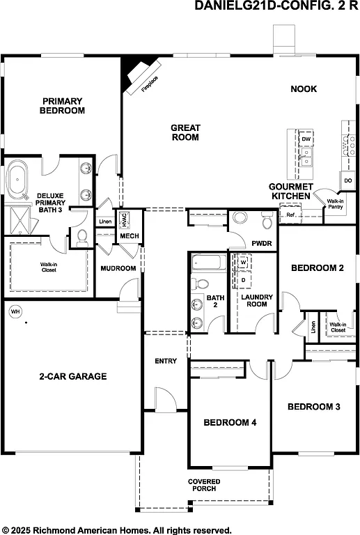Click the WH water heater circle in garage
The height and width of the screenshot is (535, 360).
click(15, 311)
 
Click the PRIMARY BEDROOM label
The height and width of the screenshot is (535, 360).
click(62, 105)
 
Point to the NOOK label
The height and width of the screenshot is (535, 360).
click(304, 89)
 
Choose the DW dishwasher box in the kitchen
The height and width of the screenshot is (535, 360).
click(306, 139)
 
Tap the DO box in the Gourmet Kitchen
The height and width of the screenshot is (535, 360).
click(347, 181)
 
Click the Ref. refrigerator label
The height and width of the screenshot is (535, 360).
click(291, 215)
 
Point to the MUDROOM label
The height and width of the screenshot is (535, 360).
click(118, 268)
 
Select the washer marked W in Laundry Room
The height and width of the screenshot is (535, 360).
click(244, 262)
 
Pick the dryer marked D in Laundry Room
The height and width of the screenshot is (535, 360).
click(244, 279)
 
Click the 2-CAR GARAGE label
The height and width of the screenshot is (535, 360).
click(72, 376)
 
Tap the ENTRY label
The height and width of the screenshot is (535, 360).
click(166, 361)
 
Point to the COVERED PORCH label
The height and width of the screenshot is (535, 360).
click(204, 485)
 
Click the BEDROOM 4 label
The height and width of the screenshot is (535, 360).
click(230, 423)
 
